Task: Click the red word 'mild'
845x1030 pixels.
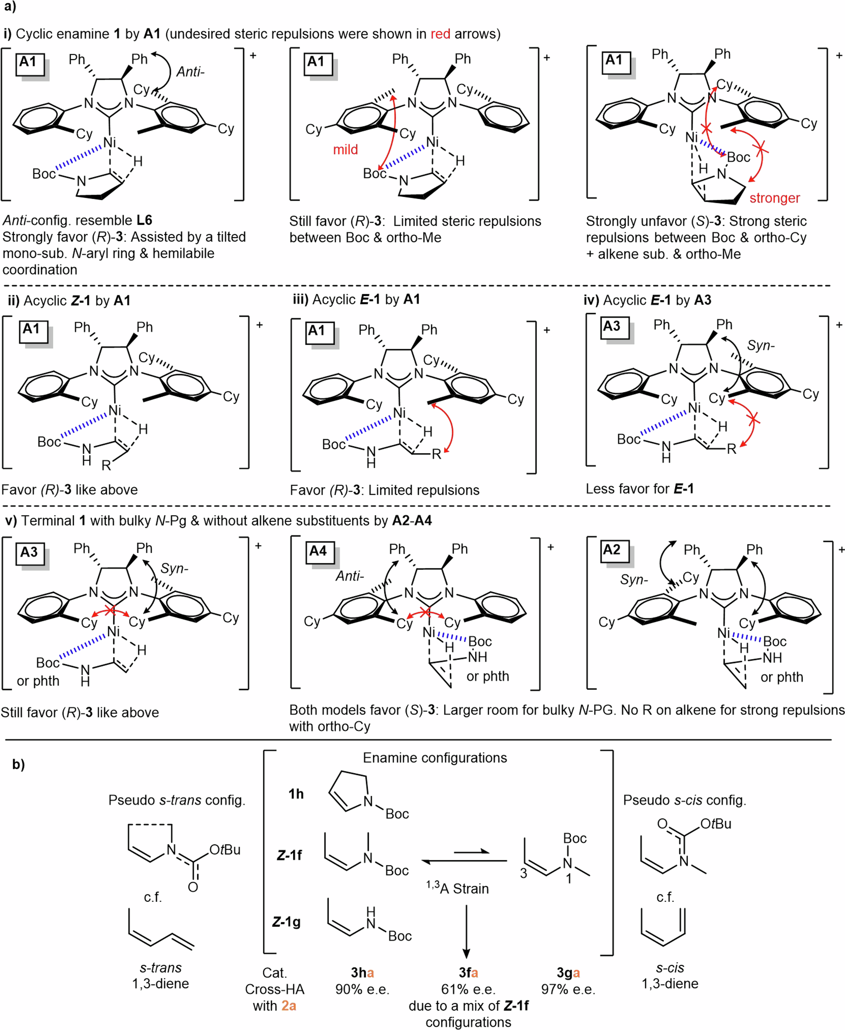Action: [345, 150]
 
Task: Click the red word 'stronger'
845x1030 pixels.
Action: [774, 198]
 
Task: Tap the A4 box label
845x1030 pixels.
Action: [318, 551]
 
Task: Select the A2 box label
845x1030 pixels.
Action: [612, 550]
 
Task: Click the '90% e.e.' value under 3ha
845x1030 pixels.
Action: [362, 989]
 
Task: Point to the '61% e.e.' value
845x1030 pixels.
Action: [468, 989]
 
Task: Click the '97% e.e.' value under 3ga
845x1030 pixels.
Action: [568, 989]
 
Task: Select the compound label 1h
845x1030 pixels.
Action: [296, 794]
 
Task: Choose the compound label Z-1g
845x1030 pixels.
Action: [286, 922]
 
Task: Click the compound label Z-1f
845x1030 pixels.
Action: [289, 855]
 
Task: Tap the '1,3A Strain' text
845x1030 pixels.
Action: [458, 888]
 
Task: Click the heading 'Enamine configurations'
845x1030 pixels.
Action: [435, 758]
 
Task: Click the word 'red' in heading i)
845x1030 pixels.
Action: [440, 34]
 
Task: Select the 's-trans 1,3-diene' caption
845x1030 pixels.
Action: [161, 975]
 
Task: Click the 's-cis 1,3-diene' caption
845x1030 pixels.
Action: [670, 975]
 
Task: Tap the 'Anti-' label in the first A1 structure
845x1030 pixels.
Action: [190, 72]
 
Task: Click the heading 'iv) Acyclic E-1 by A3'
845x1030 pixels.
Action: [647, 300]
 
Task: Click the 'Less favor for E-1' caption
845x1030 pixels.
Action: [640, 489]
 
